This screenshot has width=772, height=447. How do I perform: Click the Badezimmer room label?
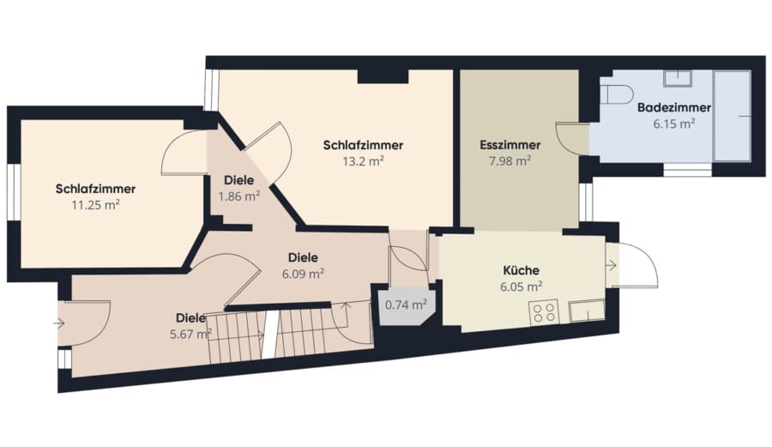(673, 107)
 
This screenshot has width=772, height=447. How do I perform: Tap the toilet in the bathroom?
(619, 94)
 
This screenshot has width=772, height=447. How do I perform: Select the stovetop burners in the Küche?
(544, 311)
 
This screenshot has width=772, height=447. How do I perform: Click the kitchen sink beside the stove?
(587, 311)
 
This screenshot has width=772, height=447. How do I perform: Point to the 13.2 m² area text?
(364, 161)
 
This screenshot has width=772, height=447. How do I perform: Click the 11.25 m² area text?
(95, 205)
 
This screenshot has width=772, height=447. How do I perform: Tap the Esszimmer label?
(510, 145)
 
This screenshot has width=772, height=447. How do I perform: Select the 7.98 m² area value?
(510, 160)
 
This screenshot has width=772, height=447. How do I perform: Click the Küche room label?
(521, 270)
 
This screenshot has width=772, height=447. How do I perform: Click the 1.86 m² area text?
(239, 196)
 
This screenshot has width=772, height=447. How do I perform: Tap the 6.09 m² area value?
(303, 273)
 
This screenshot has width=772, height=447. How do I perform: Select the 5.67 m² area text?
(190, 335)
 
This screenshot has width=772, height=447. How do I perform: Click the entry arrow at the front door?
(59, 323)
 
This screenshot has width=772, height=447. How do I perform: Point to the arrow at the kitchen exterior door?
(611, 266)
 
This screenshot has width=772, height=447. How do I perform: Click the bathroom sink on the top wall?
(678, 79)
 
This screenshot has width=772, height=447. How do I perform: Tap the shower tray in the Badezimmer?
(733, 116)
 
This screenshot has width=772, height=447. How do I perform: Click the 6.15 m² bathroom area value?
(674, 124)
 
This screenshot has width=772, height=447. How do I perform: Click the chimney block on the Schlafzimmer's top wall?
(383, 76)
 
